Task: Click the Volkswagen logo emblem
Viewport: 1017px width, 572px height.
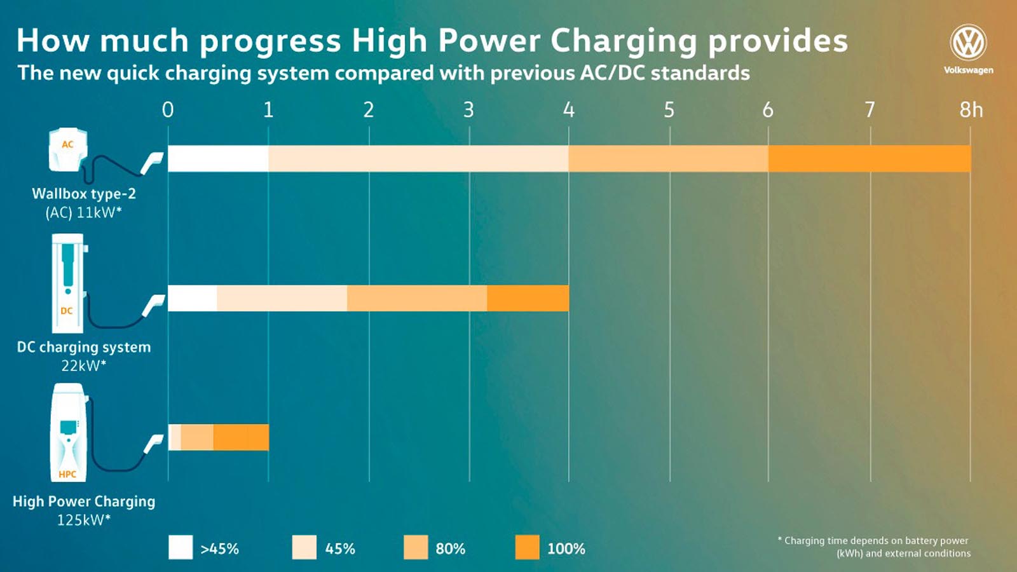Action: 968,43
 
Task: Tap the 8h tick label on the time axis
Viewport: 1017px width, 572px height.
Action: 971,110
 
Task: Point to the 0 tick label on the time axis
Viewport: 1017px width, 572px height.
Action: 168,110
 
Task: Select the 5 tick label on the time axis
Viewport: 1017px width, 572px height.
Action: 669,110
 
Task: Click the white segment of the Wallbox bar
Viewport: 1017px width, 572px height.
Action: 218,158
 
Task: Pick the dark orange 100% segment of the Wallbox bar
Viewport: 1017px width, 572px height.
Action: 869,158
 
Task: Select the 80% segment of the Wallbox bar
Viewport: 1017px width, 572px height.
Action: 668,158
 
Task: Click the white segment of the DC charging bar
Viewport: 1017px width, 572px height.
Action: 193,298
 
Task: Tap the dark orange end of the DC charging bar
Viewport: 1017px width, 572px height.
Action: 528,298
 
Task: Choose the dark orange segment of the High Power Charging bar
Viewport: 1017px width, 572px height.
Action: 241,437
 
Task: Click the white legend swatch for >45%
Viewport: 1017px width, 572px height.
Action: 181,547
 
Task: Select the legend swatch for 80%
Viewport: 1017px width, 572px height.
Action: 416,547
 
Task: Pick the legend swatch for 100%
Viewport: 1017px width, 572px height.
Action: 527,547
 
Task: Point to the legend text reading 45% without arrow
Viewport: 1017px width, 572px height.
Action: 340,548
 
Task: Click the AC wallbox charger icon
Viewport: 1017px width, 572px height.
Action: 67,149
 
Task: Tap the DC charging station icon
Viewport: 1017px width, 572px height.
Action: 67,283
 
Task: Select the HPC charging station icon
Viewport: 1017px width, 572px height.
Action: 68,432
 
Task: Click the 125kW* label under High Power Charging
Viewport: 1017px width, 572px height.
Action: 84,520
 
